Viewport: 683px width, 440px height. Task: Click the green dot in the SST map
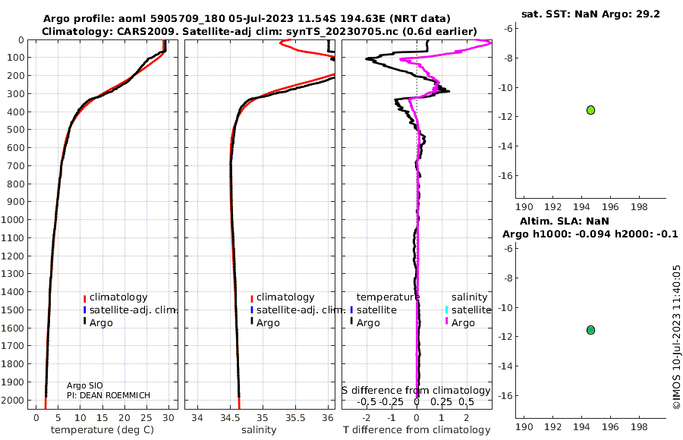(x=590, y=110)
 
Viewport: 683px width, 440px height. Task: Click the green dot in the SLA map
(x=590, y=330)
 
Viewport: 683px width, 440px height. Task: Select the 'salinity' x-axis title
(x=259, y=430)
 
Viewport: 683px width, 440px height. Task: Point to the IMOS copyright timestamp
(x=677, y=338)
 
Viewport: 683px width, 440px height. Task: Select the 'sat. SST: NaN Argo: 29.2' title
(x=590, y=14)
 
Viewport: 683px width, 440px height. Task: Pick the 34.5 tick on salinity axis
(x=231, y=418)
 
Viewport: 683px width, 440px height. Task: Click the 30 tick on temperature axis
(x=168, y=418)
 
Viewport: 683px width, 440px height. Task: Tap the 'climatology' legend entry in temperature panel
(x=118, y=297)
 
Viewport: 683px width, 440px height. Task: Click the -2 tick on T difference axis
(x=366, y=418)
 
